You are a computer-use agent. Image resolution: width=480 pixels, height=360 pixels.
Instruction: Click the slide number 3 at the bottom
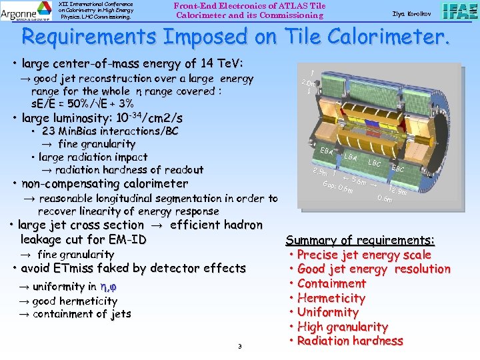coord(239,346)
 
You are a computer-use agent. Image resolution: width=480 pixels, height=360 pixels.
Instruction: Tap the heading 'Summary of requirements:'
coord(360,240)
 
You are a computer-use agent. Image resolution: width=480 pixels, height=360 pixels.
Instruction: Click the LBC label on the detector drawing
coord(375,163)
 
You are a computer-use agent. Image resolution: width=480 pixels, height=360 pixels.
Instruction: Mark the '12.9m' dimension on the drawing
coord(398,191)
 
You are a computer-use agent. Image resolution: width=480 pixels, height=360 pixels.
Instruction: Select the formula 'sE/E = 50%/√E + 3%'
coord(83,103)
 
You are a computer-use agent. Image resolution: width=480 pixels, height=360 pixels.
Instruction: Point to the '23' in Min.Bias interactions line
coord(49,131)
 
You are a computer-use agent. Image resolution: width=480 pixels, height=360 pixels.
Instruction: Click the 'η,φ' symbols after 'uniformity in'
coord(109,287)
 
